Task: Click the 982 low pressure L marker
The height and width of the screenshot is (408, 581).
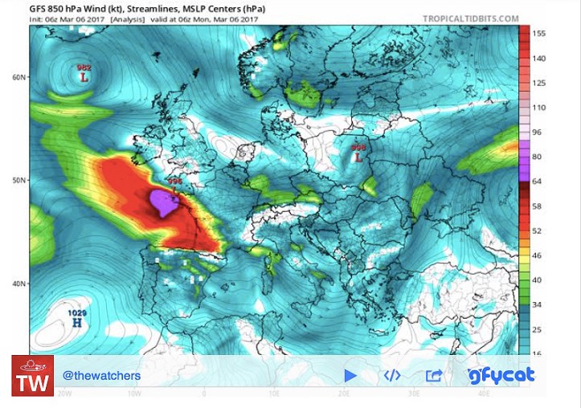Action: point(84,78)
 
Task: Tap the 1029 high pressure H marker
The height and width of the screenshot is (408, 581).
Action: point(78,322)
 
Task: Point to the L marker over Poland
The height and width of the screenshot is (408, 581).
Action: point(358,157)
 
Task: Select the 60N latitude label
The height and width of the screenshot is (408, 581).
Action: point(19,77)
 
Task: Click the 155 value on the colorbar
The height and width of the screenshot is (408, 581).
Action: point(539,34)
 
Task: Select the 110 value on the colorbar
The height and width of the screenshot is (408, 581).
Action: point(539,107)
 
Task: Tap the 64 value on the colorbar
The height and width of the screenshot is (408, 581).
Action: point(537,182)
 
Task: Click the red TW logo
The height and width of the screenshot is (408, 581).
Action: point(32,376)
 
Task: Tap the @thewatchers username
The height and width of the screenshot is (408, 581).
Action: point(101,376)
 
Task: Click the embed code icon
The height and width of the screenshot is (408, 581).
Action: point(391,375)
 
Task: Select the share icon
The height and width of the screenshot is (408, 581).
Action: point(433,375)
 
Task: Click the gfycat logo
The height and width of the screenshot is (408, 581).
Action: point(501,375)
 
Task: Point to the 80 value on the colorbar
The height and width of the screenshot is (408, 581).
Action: point(537,157)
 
